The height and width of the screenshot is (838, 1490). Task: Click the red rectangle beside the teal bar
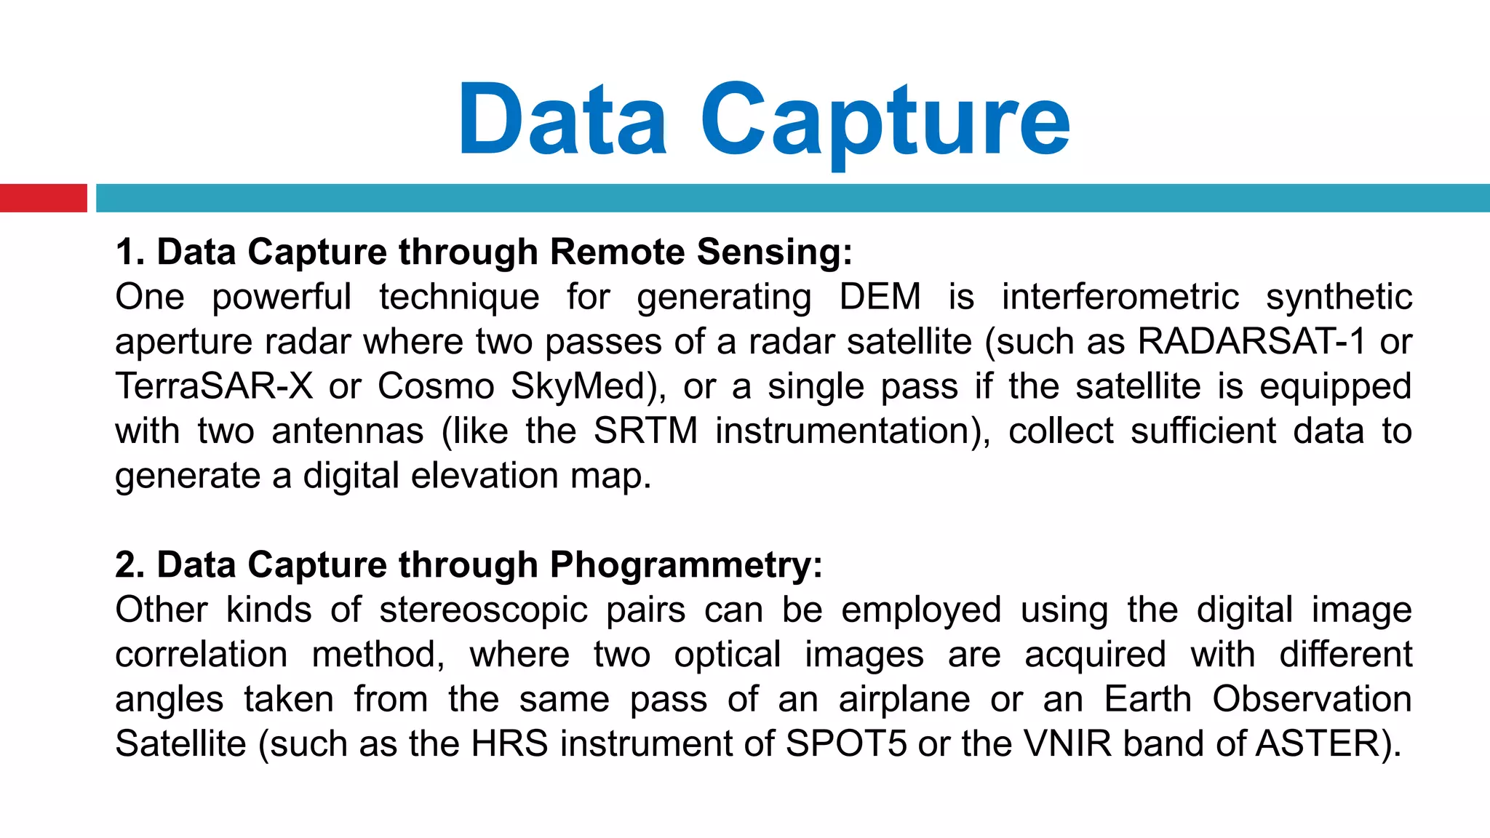click(x=43, y=198)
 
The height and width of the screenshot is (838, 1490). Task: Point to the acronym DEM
click(x=880, y=297)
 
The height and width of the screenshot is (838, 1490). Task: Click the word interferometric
click(x=1120, y=297)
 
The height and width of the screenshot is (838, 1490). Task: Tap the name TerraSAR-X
click(x=214, y=386)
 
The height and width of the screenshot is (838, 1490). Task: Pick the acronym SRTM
click(x=646, y=431)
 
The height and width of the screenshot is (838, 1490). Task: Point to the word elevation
click(x=485, y=476)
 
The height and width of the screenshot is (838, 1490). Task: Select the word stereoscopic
click(x=483, y=610)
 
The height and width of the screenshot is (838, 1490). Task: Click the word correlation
click(x=202, y=655)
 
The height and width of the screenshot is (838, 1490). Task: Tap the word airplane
click(x=904, y=699)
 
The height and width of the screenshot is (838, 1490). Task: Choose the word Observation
click(x=1312, y=699)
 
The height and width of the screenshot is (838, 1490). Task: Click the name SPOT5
click(x=846, y=744)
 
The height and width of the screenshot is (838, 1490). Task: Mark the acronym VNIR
click(x=1068, y=744)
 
